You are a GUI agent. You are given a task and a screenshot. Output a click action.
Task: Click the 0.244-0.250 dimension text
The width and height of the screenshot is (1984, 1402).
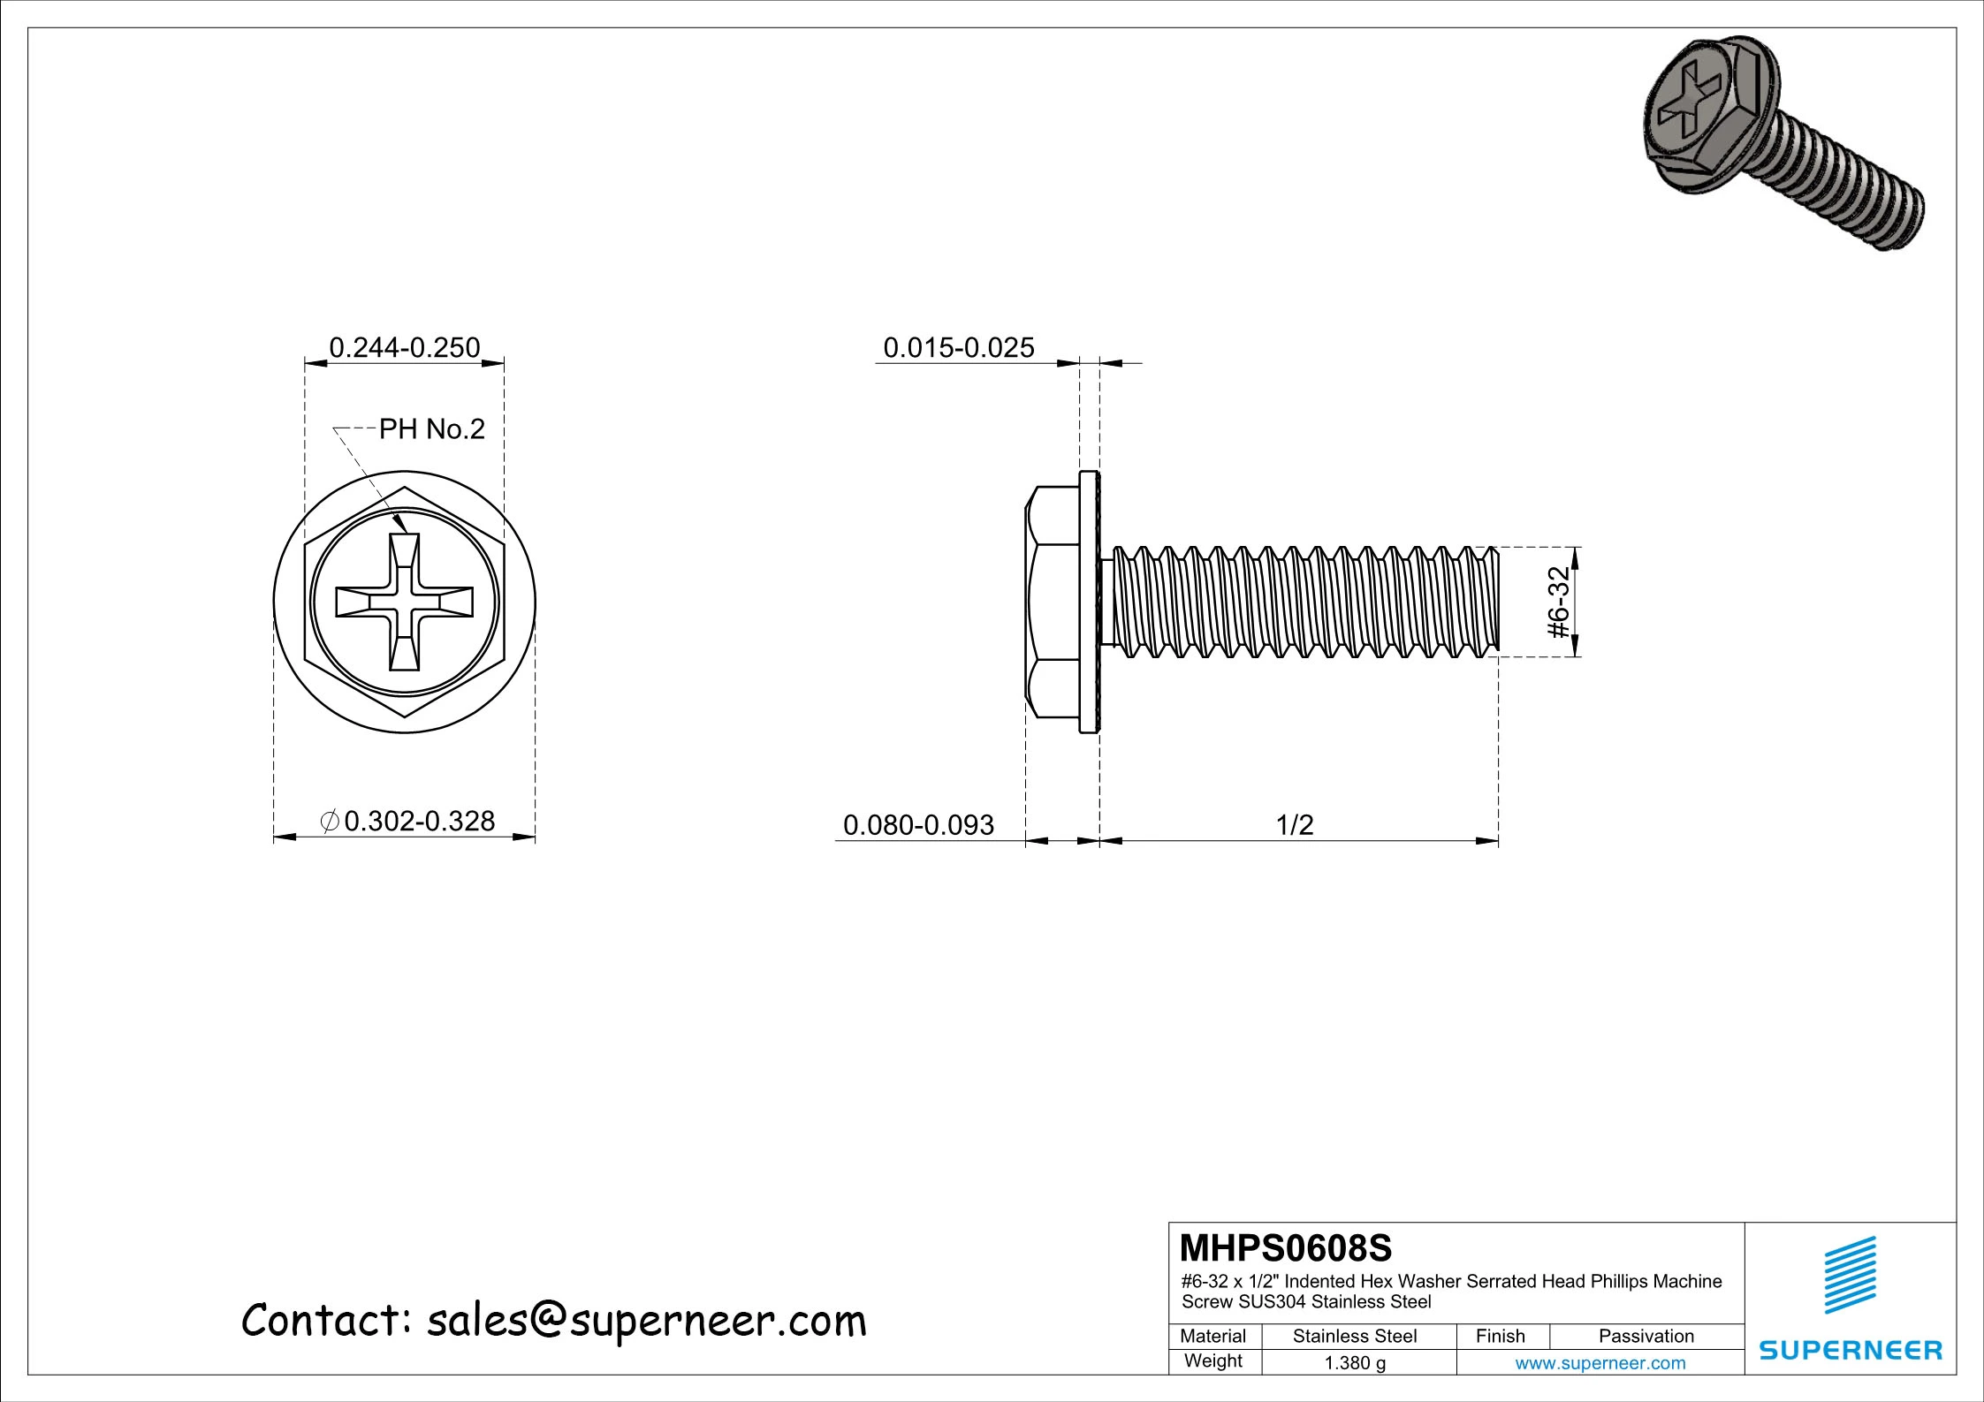(404, 347)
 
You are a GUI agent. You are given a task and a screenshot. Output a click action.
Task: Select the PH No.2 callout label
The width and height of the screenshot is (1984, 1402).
(431, 429)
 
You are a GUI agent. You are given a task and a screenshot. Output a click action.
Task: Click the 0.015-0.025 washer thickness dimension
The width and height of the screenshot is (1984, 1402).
(958, 347)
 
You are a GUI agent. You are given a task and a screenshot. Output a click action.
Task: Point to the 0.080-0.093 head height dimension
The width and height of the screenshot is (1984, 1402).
(918, 825)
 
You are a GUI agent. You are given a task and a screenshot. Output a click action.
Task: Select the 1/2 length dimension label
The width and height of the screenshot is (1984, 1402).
(1295, 825)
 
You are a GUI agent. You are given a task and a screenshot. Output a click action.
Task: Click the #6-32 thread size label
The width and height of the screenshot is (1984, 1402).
(1558, 602)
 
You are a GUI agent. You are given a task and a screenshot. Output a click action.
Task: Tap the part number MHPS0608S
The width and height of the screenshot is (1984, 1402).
(1285, 1248)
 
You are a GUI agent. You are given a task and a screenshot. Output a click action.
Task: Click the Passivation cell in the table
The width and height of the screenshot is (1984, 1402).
(1646, 1336)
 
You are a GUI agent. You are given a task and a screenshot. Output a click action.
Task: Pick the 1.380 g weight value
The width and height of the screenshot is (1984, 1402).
(1354, 1362)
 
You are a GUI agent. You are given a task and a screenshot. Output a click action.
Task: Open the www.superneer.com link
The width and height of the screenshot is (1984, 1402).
(1600, 1362)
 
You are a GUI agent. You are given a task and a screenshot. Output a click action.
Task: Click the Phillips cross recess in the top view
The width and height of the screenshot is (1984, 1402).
(405, 602)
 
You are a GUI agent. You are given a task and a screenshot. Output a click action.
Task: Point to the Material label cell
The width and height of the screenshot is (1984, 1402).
(1212, 1336)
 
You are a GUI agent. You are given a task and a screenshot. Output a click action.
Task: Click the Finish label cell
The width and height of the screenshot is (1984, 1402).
(1500, 1336)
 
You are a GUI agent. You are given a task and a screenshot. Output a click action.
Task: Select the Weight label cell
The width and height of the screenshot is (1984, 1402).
(1212, 1360)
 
